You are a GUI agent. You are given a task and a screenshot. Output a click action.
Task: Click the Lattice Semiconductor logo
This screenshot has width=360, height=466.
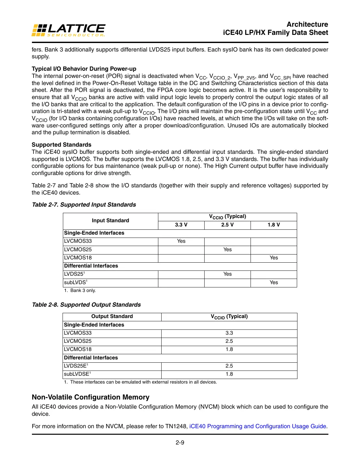(68, 30)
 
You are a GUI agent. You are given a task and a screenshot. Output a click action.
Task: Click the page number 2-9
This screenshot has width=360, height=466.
(180, 443)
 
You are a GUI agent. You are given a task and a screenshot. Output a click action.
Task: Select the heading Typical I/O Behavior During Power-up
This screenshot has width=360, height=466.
(84, 69)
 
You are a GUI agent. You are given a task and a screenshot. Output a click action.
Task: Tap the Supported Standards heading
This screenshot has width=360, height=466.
(61, 145)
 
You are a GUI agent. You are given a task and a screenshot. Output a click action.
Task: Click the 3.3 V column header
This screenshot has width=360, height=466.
(181, 225)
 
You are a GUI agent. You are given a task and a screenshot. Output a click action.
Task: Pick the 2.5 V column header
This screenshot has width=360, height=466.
(227, 225)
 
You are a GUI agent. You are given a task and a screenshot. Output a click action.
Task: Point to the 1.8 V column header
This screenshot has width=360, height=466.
(274, 225)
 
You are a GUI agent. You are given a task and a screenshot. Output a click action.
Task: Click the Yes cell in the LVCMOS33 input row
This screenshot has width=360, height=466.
(181, 241)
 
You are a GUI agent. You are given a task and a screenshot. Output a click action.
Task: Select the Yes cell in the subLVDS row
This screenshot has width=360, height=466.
(274, 283)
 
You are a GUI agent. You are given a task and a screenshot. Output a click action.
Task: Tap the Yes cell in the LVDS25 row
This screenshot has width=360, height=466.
(227, 274)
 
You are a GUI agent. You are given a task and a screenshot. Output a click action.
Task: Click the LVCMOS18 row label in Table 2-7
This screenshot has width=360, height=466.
(78, 258)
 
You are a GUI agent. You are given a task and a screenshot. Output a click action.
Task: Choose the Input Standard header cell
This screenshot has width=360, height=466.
(110, 221)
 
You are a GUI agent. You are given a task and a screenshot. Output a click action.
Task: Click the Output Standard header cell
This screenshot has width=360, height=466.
(112, 316)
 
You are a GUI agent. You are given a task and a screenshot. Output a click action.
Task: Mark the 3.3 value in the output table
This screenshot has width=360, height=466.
(229, 333)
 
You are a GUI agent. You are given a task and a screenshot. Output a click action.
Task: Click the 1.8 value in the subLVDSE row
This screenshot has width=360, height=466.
(229, 374)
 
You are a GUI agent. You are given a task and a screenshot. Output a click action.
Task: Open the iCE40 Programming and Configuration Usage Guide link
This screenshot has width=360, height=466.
(258, 426)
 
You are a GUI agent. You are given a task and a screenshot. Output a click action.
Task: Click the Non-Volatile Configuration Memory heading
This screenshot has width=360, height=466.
(91, 397)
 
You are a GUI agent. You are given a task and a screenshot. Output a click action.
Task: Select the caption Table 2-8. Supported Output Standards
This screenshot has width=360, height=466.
(86, 305)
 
